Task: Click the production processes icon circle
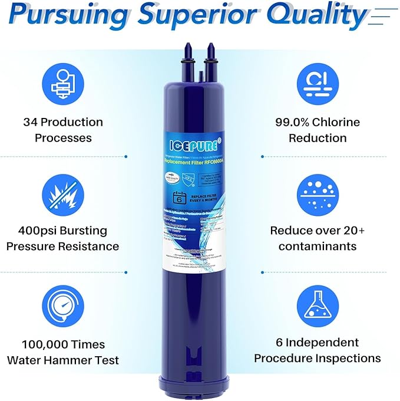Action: [x=62, y=83]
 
